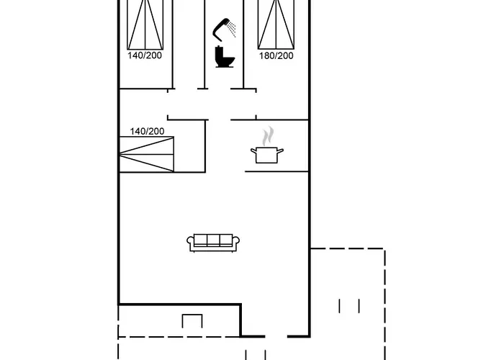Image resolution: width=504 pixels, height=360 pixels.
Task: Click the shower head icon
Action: pyautogui.click(x=221, y=29)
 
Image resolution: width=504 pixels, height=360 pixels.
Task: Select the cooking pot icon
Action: pyautogui.click(x=267, y=154)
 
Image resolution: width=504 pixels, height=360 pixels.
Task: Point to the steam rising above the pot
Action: pyautogui.click(x=268, y=135)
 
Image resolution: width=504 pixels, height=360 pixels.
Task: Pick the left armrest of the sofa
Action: pyautogui.click(x=191, y=243)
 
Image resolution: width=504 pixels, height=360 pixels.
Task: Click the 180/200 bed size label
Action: pyautogui.click(x=276, y=55)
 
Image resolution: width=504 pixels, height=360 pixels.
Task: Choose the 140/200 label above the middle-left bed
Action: pyautogui.click(x=147, y=131)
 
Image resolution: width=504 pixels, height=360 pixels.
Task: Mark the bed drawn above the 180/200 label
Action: pyautogui.click(x=276, y=24)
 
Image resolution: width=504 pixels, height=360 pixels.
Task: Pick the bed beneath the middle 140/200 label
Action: pyautogui.click(x=147, y=154)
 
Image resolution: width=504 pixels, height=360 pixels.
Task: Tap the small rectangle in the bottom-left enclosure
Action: pyautogui.click(x=192, y=321)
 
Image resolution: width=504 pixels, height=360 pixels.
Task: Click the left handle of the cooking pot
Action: pyautogui.click(x=252, y=150)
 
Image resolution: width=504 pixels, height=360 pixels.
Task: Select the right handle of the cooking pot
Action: pyautogui.click(x=282, y=150)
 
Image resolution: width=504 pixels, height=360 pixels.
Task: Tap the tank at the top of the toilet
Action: pyautogui.click(x=222, y=50)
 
